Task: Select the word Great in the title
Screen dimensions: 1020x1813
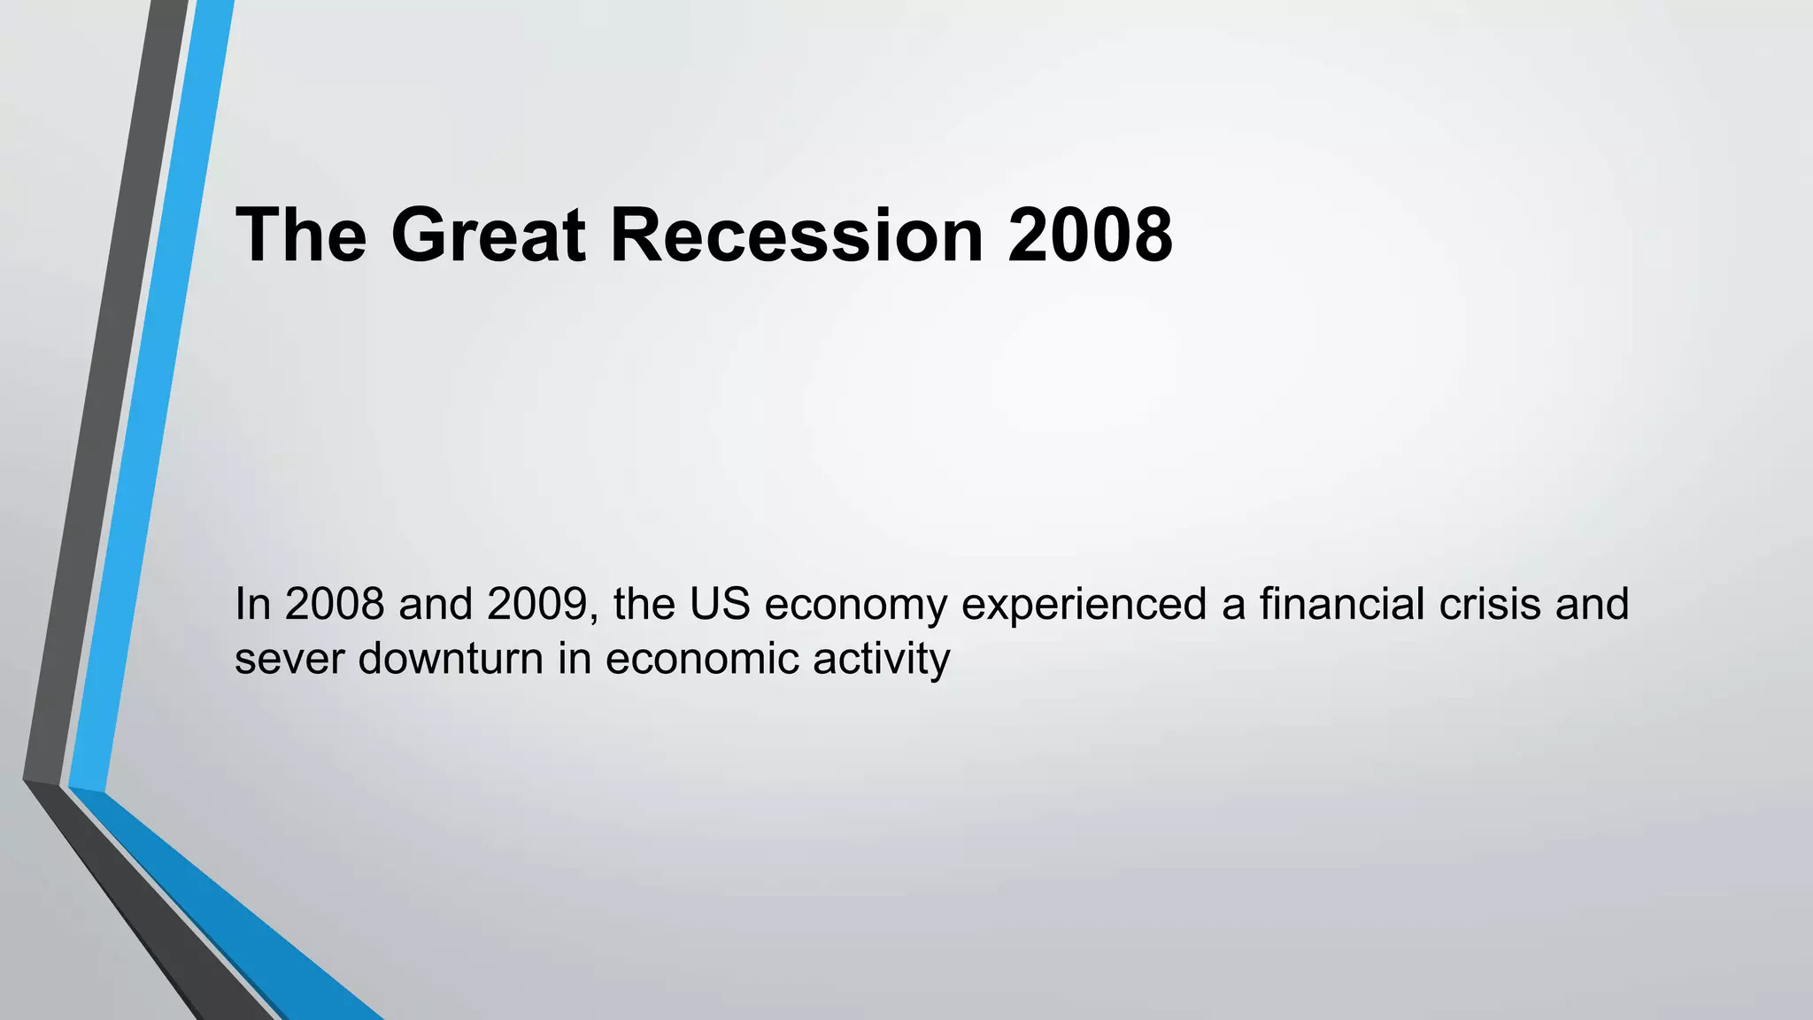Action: pos(488,236)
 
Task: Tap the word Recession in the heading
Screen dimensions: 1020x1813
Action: pos(797,236)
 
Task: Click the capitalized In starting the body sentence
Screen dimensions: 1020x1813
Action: pos(252,604)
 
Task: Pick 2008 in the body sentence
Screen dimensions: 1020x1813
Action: pos(335,604)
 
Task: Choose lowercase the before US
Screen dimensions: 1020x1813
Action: pos(644,604)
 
